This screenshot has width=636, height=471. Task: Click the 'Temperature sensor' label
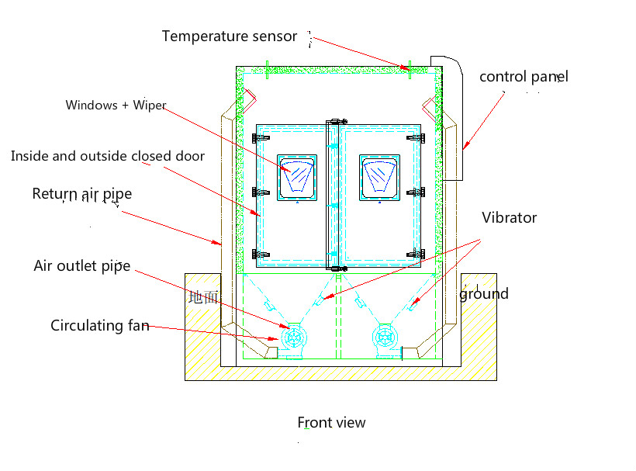pos(229,36)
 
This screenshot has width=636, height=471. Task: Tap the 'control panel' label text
pos(524,77)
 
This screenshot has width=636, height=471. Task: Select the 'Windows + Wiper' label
pos(116,105)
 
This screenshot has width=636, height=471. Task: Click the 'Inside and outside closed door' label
pos(108,156)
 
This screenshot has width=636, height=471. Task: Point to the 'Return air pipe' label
pos(81,194)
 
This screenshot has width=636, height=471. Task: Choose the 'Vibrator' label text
pos(509,218)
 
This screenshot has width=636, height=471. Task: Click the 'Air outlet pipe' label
pos(81,266)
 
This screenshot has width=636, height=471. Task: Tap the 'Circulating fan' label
pos(99,325)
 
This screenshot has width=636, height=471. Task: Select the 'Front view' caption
pos(331,422)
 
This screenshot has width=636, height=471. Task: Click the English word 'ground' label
pos(484,293)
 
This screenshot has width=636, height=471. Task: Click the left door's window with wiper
pos(297,178)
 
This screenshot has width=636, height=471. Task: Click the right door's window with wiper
pos(379,178)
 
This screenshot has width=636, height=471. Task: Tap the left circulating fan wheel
pos(296,337)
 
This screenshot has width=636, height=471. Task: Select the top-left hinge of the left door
pos(258,138)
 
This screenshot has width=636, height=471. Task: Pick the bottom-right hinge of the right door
pos(420,253)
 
